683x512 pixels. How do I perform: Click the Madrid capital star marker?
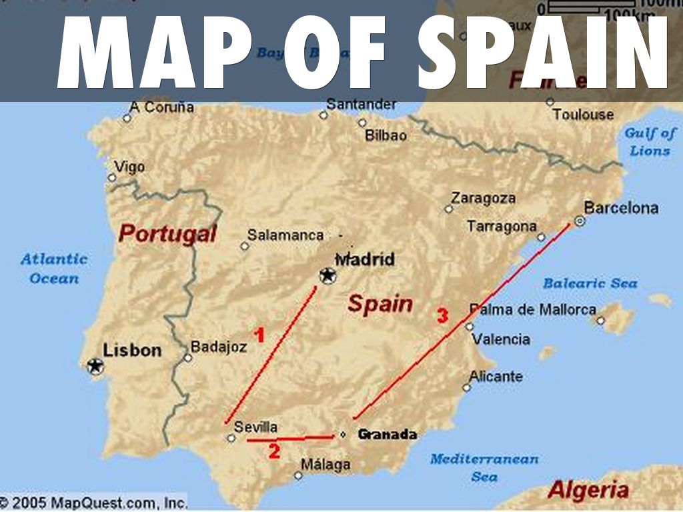click(x=327, y=275)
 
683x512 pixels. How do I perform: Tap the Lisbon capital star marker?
click(x=95, y=365)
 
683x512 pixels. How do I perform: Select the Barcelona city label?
click(x=621, y=208)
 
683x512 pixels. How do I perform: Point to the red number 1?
click(x=259, y=335)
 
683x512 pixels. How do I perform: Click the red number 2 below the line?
click(x=274, y=451)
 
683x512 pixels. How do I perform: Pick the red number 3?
click(x=442, y=316)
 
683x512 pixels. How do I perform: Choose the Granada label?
click(x=388, y=435)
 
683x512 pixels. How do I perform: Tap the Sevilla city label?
click(x=256, y=427)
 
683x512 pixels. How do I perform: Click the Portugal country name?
click(x=167, y=234)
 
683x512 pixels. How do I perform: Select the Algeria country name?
click(x=588, y=491)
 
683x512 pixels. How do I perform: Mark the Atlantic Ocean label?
click(x=54, y=269)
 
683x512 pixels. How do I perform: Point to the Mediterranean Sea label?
click(x=484, y=467)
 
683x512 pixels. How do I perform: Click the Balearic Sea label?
click(x=590, y=283)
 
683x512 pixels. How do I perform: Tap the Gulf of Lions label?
click(x=650, y=141)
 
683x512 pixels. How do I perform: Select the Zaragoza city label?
click(x=484, y=198)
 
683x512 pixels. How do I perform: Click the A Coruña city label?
click(x=161, y=107)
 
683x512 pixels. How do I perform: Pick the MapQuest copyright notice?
click(x=93, y=502)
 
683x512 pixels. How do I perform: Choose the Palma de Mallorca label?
click(x=533, y=309)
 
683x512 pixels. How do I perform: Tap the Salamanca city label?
click(x=285, y=235)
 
